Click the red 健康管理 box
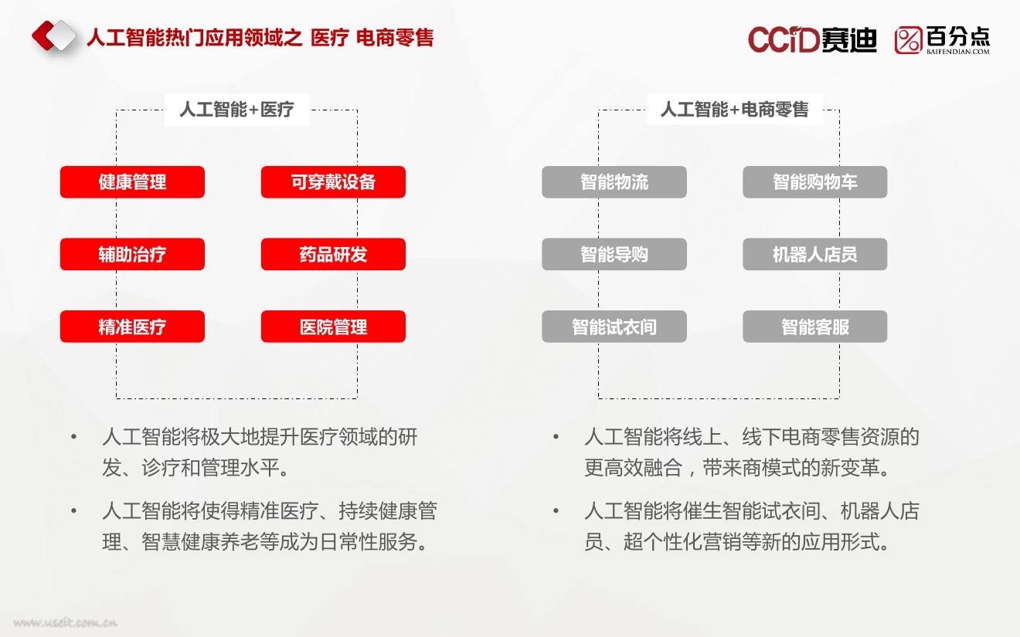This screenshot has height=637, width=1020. (132, 182)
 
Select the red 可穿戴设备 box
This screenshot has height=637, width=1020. (333, 182)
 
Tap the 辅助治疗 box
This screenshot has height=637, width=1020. (132, 254)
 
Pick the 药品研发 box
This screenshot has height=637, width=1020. (333, 254)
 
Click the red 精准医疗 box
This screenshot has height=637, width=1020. (132, 327)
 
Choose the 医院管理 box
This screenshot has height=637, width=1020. (333, 327)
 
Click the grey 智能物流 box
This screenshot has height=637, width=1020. (614, 182)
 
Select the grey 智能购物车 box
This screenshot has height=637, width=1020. (815, 182)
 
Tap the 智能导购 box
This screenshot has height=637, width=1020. (614, 254)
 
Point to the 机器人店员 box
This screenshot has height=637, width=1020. (815, 254)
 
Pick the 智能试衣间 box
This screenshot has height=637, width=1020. (614, 327)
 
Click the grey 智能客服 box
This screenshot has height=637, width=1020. (815, 327)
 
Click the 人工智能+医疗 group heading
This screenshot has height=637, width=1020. (236, 110)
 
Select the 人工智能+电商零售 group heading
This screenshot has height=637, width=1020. (734, 110)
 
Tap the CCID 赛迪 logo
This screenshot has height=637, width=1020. (812, 39)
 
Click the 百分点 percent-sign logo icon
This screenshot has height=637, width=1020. (908, 40)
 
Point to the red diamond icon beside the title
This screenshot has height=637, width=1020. (54, 36)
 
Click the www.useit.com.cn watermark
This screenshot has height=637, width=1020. (65, 622)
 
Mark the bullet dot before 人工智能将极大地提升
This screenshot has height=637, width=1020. (74, 437)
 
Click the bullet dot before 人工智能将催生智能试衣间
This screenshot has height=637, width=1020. (556, 511)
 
